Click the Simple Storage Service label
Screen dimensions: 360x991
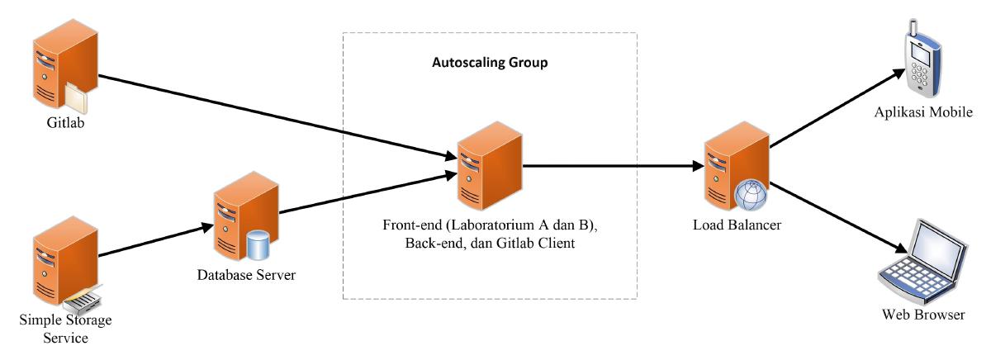66,329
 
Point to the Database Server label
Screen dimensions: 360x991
245,274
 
